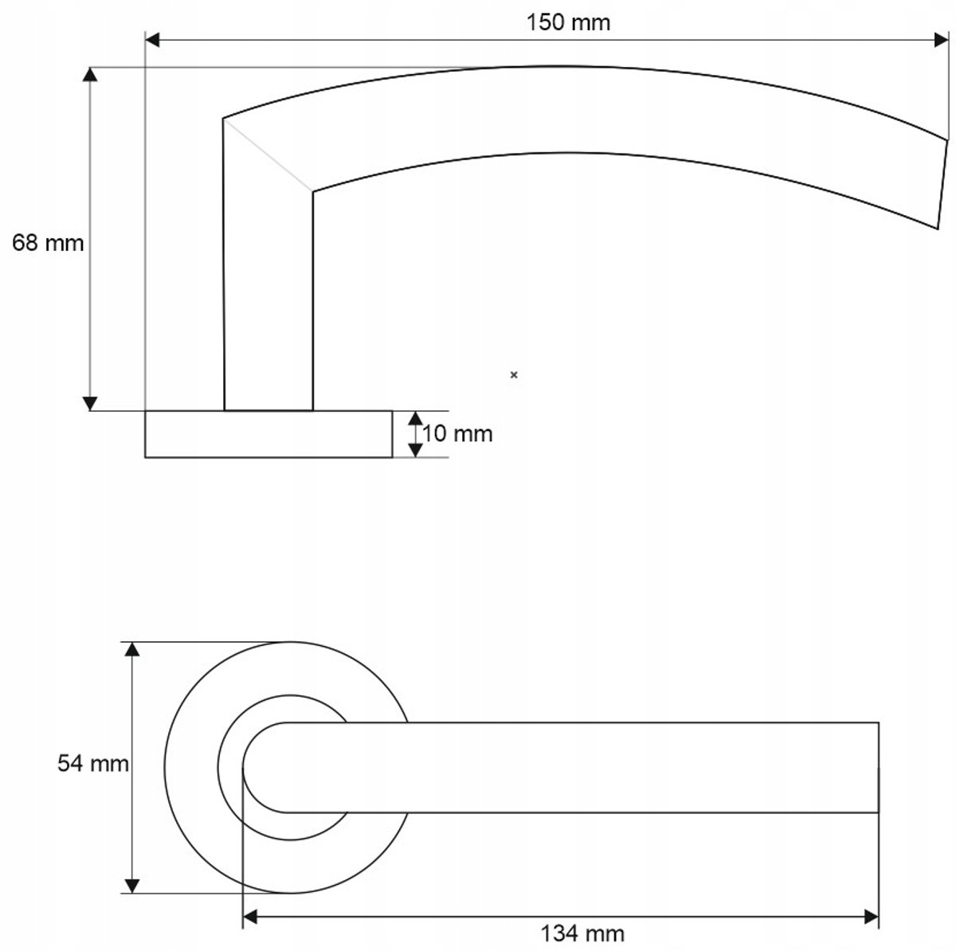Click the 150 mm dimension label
pyautogui.click(x=568, y=22)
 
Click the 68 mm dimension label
pyautogui.click(x=48, y=243)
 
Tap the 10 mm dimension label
pyautogui.click(x=457, y=434)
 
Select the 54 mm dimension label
pyautogui.click(x=92, y=764)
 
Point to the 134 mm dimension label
pyautogui.click(x=582, y=933)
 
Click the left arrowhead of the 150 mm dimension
pyautogui.click(x=152, y=40)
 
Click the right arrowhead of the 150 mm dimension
pyautogui.click(x=941, y=40)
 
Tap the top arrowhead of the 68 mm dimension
pyautogui.click(x=90, y=74)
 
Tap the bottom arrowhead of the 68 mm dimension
pyautogui.click(x=90, y=403)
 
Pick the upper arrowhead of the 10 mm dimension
pyautogui.click(x=415, y=418)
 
